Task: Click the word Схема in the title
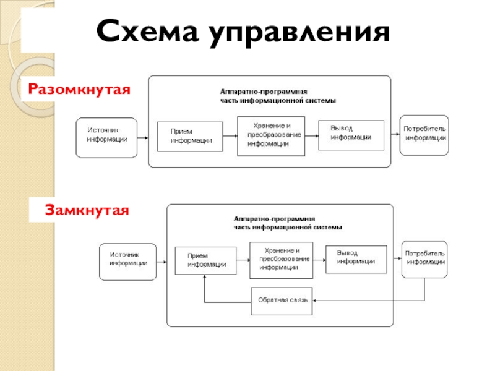click(x=148, y=30)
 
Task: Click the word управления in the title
click(x=299, y=33)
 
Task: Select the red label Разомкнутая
click(x=79, y=89)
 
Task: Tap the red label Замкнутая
click(x=87, y=210)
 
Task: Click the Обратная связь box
click(x=282, y=301)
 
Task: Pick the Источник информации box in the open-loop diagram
click(x=106, y=138)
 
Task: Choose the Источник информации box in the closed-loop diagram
click(x=128, y=262)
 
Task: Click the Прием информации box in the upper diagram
click(x=190, y=137)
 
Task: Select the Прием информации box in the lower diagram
click(x=205, y=260)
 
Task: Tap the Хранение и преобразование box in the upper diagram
click(x=271, y=136)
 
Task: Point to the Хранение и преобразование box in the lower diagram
click(x=282, y=260)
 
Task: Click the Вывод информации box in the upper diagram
click(x=351, y=135)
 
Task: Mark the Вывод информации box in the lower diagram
click(x=356, y=259)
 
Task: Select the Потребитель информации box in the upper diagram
click(x=424, y=135)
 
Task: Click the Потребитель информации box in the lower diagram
click(x=424, y=259)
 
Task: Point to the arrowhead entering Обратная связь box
click(x=314, y=301)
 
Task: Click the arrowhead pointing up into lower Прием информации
click(x=205, y=276)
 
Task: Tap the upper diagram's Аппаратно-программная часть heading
click(x=278, y=96)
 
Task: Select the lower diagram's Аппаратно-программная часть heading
click(x=288, y=223)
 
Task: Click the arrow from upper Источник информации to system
click(x=143, y=138)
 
